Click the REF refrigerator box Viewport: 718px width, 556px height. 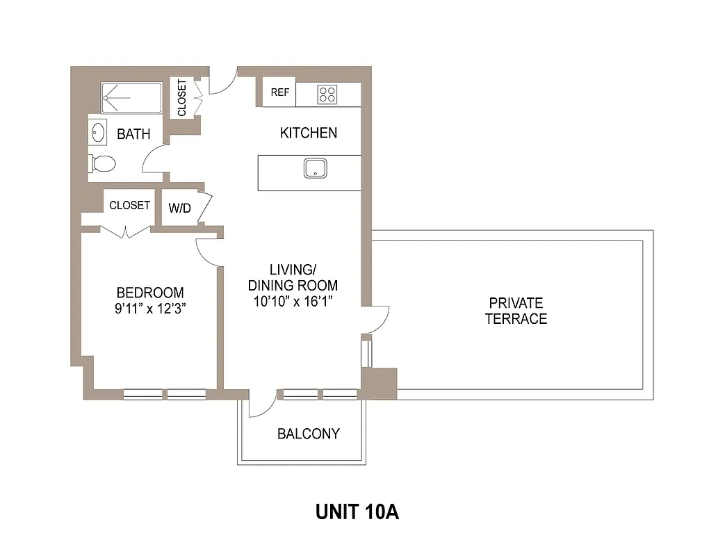(279, 93)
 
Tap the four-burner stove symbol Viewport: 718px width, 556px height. (327, 94)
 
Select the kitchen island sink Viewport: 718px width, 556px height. (316, 167)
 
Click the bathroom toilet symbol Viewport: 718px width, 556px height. (103, 163)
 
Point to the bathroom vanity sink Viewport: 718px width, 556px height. (99, 131)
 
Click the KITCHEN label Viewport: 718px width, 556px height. (309, 133)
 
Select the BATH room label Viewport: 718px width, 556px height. (133, 134)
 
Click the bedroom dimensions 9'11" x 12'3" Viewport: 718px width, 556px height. (150, 309)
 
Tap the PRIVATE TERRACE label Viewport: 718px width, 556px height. (516, 311)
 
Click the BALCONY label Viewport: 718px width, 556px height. (309, 434)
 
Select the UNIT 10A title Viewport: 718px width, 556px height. (357, 512)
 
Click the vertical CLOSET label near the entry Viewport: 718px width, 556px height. (182, 98)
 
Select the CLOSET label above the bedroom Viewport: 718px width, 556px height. (129, 205)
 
